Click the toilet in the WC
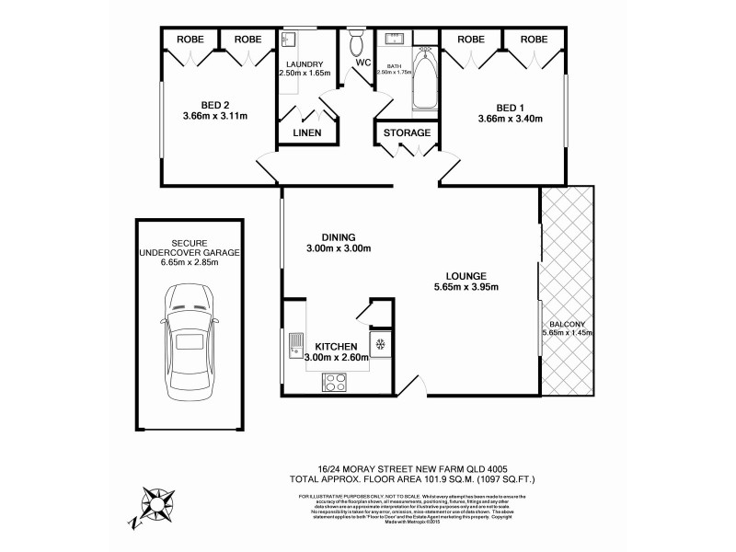(x=357, y=43)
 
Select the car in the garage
(x=190, y=339)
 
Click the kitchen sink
(x=295, y=346)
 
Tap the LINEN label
(x=307, y=133)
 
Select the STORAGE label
(x=406, y=133)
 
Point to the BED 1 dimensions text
(x=511, y=118)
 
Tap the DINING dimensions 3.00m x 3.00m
(x=326, y=248)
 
